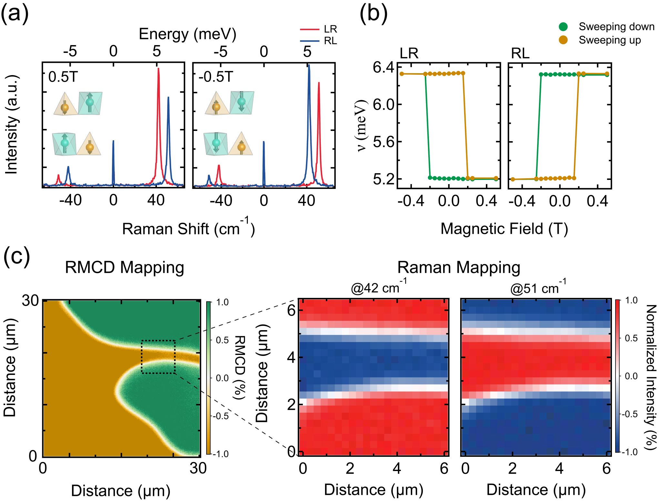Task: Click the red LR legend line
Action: coord(310,29)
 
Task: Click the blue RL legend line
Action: coord(310,41)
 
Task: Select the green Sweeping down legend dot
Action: coord(563,27)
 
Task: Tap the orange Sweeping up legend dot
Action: coord(563,40)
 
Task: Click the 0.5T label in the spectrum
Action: coord(63,77)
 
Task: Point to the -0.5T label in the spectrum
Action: coord(216,77)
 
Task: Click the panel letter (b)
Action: coord(373,15)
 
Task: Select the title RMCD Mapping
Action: coord(124,268)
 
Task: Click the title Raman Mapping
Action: coord(458,268)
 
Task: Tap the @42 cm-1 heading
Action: coord(378,287)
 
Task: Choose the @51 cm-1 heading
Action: coord(538,287)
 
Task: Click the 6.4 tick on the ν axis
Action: coord(383,68)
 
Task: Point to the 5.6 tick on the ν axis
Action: coord(383,142)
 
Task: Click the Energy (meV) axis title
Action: coord(188,34)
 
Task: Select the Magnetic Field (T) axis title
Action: coord(504,229)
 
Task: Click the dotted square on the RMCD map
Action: coord(158,357)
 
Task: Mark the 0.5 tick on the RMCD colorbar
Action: coord(222,340)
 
